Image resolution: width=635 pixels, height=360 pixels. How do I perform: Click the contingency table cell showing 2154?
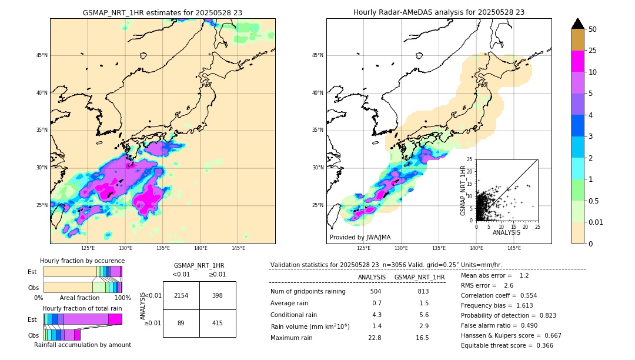(x=181, y=295)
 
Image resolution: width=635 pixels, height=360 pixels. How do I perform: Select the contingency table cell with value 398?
(x=218, y=295)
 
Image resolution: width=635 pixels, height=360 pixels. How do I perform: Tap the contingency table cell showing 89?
(x=181, y=323)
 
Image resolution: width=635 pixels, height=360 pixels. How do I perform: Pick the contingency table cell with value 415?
(x=218, y=323)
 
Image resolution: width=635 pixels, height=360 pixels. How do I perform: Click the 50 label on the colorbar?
(x=593, y=29)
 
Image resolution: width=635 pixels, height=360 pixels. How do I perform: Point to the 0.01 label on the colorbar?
(x=596, y=222)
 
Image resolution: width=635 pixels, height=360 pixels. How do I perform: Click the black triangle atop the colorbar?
(x=578, y=23)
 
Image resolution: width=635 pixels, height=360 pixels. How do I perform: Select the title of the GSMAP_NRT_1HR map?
(x=162, y=12)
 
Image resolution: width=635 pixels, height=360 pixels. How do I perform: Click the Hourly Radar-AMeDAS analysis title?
(x=439, y=12)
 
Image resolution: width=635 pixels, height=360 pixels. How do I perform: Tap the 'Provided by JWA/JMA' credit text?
(x=360, y=238)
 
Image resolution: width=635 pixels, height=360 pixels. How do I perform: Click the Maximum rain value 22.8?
(x=375, y=338)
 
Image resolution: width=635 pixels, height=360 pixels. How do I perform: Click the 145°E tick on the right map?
(x=514, y=249)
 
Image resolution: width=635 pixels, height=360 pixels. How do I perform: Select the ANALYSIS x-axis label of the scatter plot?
(x=506, y=233)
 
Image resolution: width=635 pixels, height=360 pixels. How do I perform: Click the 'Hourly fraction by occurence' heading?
(x=82, y=261)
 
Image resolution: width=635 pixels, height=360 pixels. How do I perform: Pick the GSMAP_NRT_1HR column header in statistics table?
(x=419, y=277)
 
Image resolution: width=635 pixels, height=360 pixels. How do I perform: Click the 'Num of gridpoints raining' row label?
(x=308, y=292)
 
